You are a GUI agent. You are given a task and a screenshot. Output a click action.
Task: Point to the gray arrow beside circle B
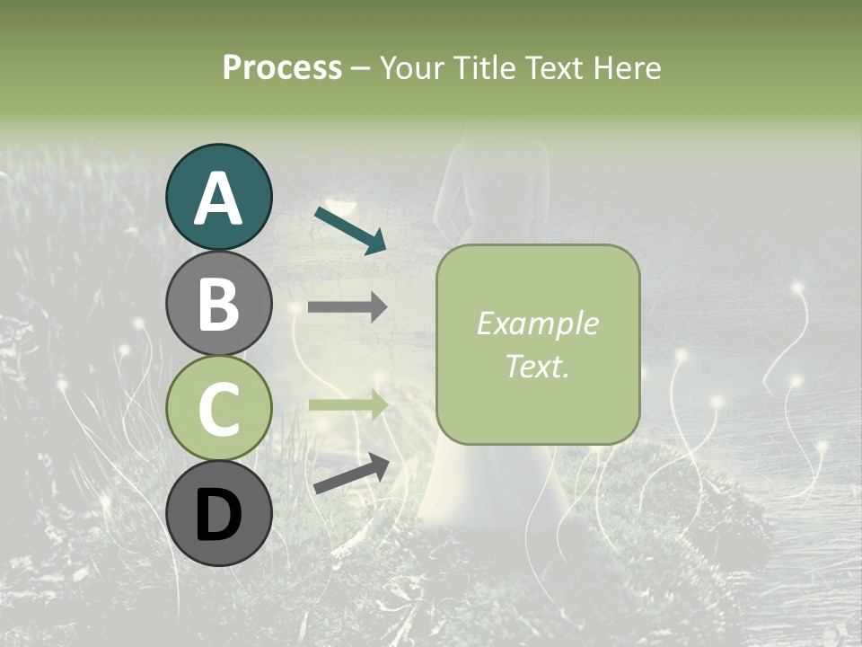point(347,306)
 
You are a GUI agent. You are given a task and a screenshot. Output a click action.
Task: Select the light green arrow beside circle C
point(347,405)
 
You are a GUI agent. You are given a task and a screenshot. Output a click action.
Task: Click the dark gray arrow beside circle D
point(351,474)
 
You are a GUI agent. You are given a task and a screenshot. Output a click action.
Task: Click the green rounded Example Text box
point(538,344)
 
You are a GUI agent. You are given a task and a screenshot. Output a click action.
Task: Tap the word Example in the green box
point(538,323)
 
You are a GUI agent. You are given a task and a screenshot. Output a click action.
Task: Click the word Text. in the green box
point(538,366)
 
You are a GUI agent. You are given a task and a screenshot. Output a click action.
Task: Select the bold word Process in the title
point(282,67)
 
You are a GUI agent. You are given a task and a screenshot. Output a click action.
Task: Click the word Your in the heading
point(408,67)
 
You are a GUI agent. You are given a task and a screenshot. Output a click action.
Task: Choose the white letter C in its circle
point(218,409)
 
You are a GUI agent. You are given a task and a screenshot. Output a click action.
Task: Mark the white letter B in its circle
point(218,305)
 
